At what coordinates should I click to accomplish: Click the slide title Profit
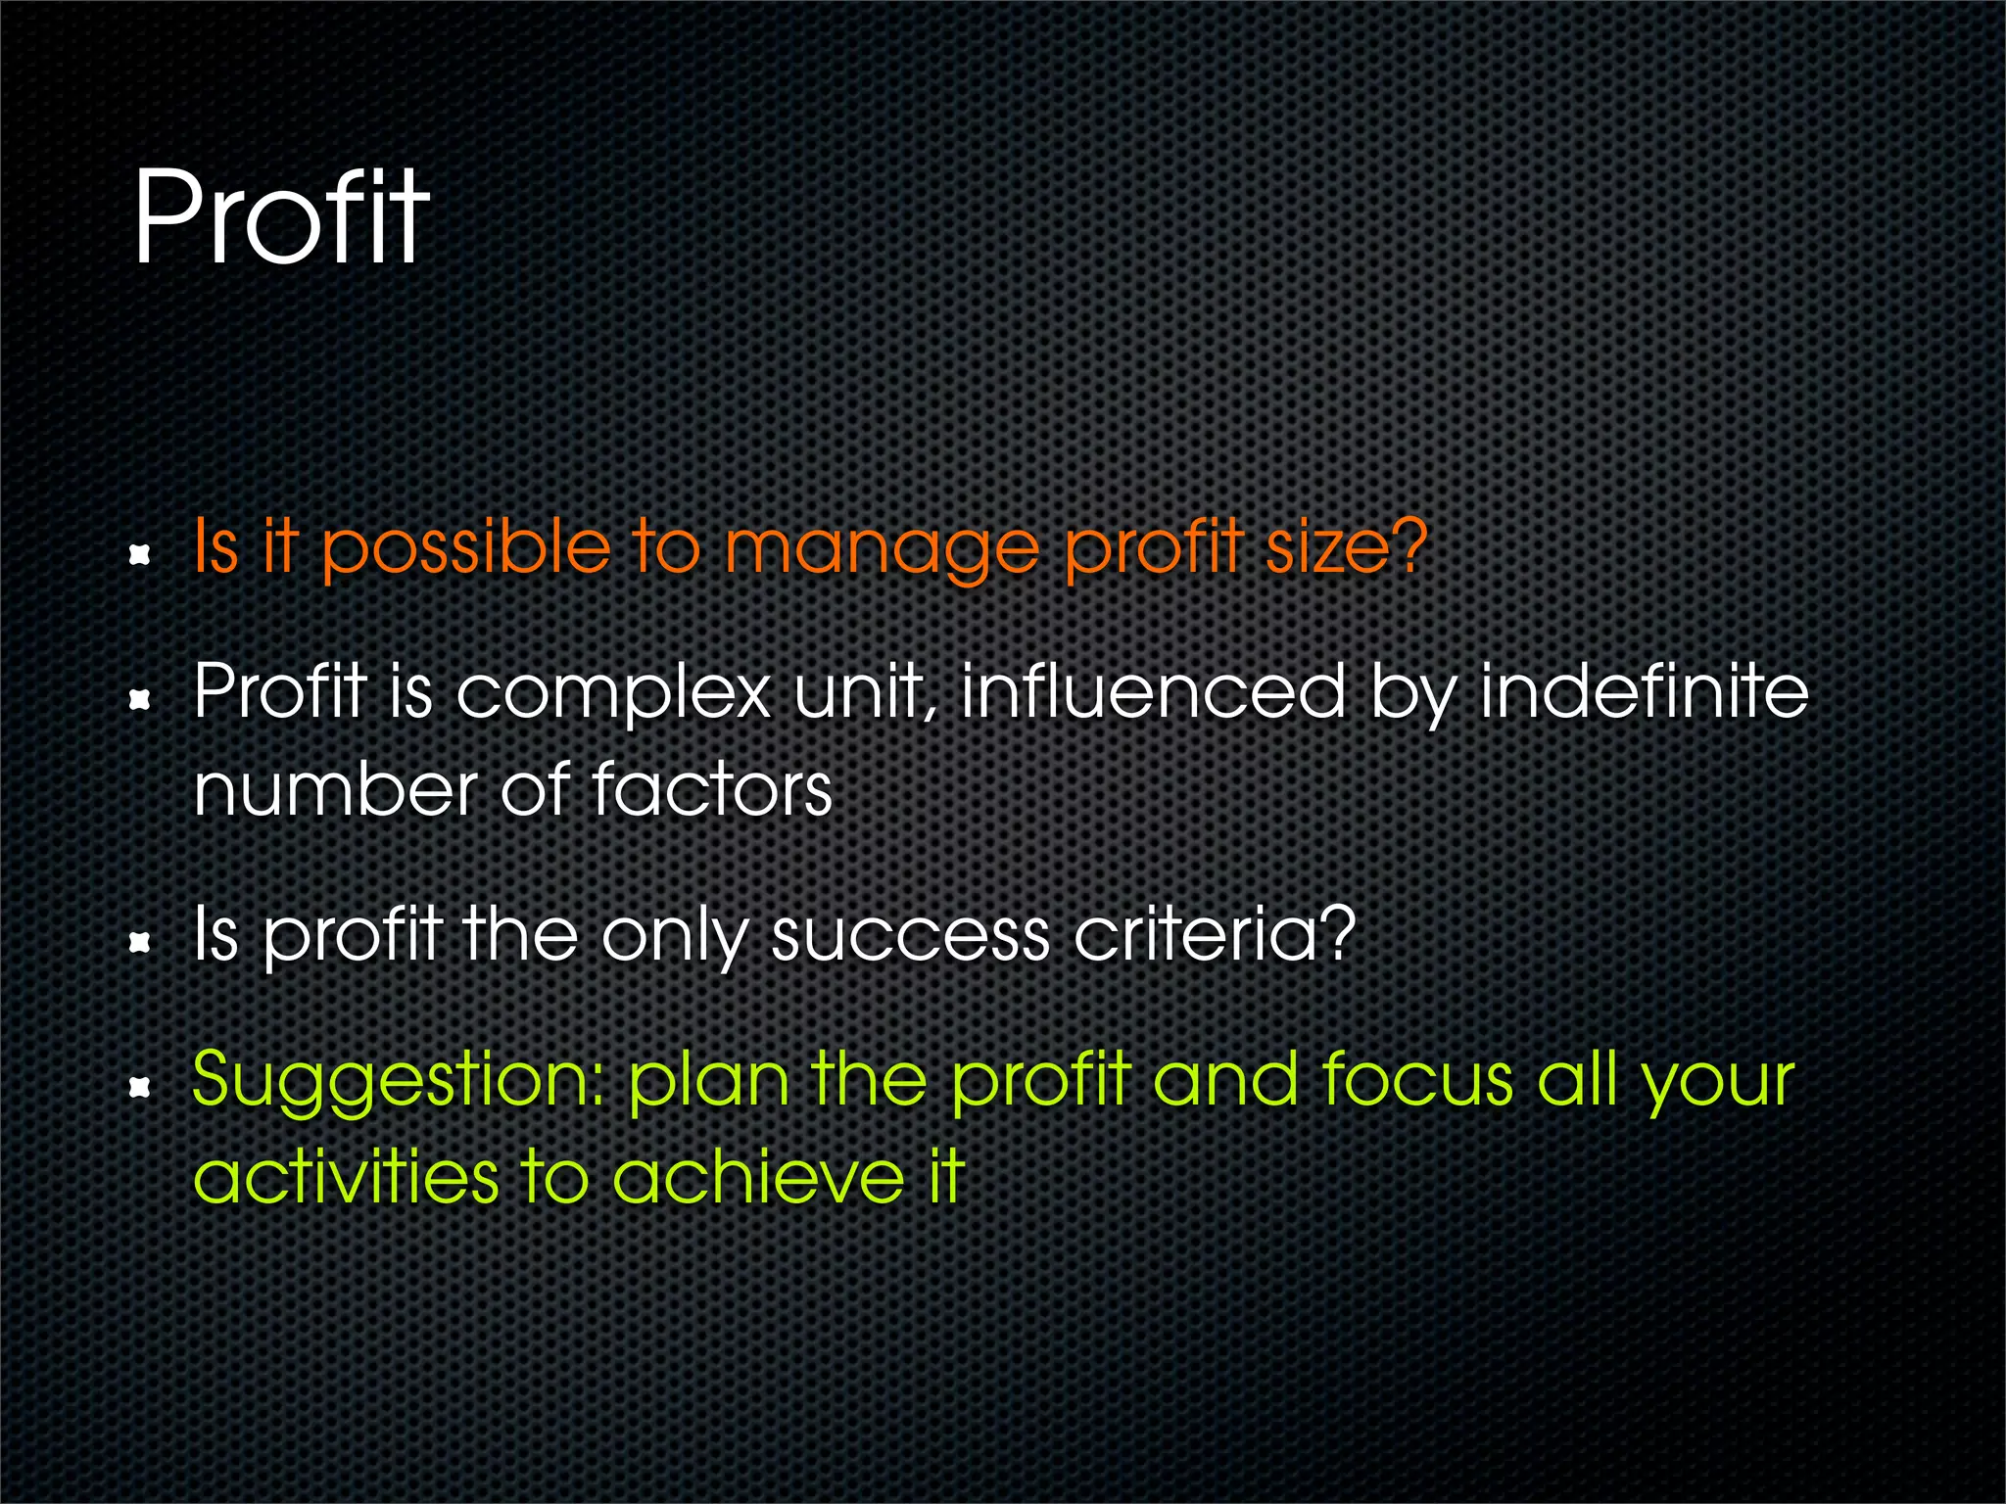click(x=281, y=217)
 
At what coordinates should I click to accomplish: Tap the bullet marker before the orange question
click(x=140, y=555)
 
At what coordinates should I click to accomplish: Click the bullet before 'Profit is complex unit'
click(x=140, y=699)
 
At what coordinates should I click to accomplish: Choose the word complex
click(x=614, y=693)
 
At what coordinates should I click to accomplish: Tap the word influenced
click(x=1153, y=691)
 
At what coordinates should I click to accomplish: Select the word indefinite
click(x=1643, y=691)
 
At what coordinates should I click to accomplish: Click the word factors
click(x=712, y=789)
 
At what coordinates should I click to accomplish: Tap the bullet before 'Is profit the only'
click(x=140, y=942)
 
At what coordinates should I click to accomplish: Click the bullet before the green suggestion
click(x=140, y=1086)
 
